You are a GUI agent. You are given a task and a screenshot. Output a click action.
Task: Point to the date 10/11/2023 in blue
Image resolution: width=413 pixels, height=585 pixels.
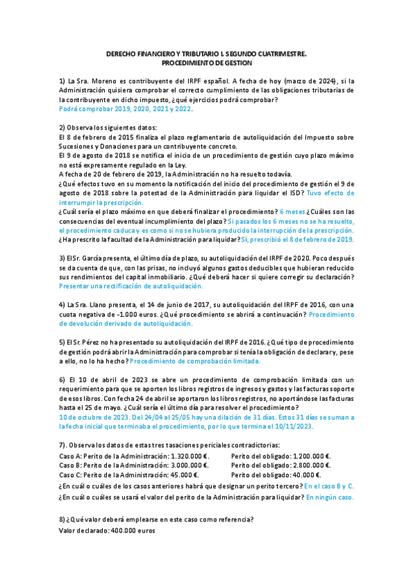[x=292, y=426]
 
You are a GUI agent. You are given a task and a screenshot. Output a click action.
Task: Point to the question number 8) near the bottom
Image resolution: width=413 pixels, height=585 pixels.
[x=62, y=519]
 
